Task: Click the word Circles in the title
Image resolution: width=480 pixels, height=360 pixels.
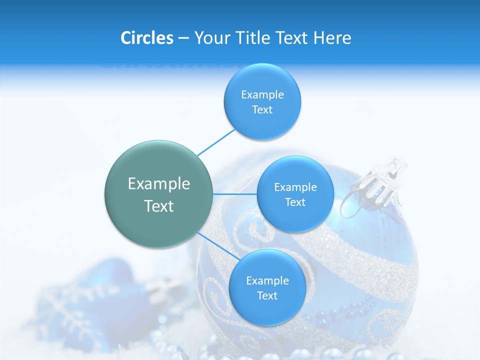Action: [147, 38]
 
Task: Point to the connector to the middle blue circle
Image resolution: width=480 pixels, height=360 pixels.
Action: [235, 194]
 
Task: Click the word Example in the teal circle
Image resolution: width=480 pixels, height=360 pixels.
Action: [159, 184]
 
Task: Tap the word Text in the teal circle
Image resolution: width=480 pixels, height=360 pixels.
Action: [159, 206]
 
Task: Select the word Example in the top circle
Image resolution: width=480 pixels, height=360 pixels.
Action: [262, 94]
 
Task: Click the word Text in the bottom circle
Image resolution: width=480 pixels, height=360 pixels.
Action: [267, 295]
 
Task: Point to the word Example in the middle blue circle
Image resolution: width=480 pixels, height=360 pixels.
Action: [295, 187]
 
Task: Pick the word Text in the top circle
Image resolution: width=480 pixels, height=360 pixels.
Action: [262, 109]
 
